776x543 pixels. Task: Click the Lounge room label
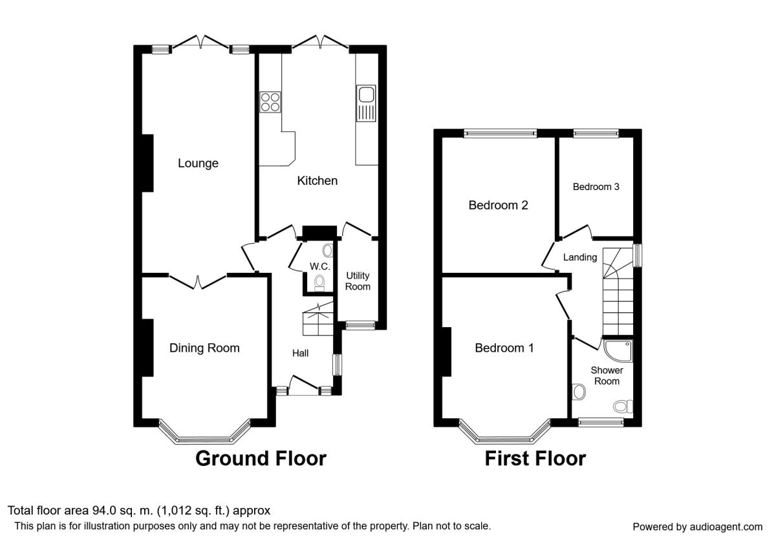198,164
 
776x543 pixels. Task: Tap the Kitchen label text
317,181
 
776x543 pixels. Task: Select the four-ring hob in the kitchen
270,102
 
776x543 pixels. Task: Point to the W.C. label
319,267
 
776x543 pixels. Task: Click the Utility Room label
358,281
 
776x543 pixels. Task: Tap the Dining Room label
204,348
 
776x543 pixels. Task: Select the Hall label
300,353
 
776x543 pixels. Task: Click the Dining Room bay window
204,438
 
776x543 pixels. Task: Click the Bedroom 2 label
498,206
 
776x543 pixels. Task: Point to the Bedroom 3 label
596,187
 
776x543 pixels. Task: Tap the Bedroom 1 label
504,348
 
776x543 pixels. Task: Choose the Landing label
579,257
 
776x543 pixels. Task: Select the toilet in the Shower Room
622,406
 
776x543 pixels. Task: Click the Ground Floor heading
261,458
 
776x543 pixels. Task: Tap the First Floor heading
535,458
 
